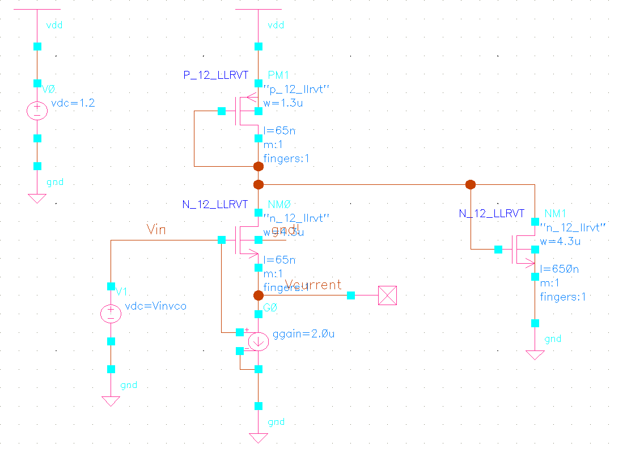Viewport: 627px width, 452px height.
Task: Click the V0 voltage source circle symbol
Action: click(37, 111)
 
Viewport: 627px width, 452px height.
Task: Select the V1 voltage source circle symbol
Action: click(111, 313)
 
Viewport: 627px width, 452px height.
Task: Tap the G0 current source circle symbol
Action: click(259, 341)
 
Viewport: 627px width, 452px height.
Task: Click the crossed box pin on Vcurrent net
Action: click(387, 295)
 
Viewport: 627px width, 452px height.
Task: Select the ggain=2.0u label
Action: click(304, 334)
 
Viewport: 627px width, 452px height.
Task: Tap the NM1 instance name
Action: click(555, 214)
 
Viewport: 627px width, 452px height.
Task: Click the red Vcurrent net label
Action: click(313, 285)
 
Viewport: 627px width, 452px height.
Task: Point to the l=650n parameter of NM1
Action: click(559, 269)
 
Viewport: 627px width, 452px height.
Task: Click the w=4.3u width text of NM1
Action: click(561, 241)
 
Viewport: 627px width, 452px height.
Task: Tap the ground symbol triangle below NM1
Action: click(535, 355)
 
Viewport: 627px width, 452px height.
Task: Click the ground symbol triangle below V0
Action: click(37, 198)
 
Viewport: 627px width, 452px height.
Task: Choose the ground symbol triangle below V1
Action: click(111, 401)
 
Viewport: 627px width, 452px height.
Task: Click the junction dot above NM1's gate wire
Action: click(470, 184)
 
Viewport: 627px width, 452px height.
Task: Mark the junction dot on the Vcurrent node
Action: click(259, 295)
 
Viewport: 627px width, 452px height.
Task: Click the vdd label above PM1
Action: click(276, 26)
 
